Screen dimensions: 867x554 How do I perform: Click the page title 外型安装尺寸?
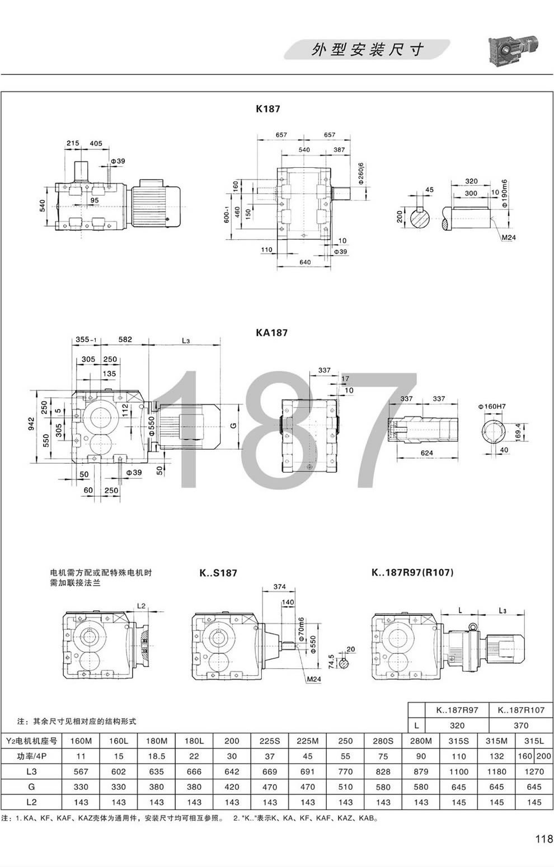tap(367, 50)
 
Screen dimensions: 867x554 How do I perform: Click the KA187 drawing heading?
tap(271, 332)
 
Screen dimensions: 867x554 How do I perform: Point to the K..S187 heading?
tap(218, 573)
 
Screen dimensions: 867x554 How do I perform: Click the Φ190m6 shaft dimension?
tap(504, 194)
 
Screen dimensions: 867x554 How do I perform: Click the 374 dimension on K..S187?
tap(280, 587)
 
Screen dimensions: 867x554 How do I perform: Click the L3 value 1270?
tap(534, 771)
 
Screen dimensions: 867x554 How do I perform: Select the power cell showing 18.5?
tap(157, 756)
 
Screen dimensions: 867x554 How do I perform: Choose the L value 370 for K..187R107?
tap(520, 725)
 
